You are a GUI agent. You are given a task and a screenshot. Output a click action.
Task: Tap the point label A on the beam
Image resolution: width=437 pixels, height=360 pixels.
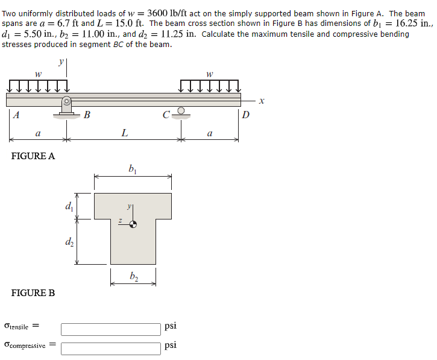pos(16,116)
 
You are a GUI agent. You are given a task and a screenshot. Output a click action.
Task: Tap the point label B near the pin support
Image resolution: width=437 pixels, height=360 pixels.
pos(87,115)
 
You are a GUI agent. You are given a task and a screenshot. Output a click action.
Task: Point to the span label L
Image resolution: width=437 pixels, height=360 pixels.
pos(124,133)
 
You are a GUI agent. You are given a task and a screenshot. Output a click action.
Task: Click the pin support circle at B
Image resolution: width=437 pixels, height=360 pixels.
pos(68,101)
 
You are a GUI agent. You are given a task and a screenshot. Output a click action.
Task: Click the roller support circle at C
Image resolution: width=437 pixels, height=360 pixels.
pos(180,111)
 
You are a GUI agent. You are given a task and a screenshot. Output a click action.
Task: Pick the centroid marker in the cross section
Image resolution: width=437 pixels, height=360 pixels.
pos(133,224)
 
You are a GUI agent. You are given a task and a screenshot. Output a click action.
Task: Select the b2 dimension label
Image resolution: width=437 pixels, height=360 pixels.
pos(133,276)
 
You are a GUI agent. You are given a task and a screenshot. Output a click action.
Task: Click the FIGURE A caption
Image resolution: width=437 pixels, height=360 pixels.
pos(33,156)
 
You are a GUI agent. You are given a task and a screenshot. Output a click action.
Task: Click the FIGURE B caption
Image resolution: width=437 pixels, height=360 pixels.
pos(33,293)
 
